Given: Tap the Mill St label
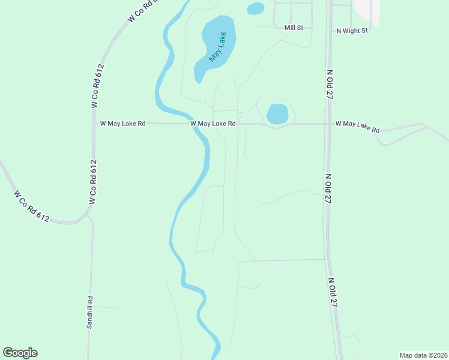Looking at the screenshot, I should (x=295, y=27).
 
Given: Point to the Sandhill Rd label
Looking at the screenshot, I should (x=89, y=311).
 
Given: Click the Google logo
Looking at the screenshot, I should (x=20, y=353).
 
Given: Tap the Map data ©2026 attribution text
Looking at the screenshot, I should (x=423, y=355).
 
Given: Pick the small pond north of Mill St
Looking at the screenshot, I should (x=256, y=8).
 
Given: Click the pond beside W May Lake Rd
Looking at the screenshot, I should (x=277, y=113).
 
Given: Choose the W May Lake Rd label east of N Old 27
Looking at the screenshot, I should (x=358, y=126).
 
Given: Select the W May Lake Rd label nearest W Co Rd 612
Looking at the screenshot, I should (x=122, y=124).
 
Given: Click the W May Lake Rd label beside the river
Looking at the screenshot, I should (x=213, y=124).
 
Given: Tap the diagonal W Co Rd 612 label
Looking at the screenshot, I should (x=31, y=205).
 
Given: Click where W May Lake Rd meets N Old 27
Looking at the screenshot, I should (x=328, y=124).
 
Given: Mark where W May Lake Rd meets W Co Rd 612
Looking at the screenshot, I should (x=94, y=124).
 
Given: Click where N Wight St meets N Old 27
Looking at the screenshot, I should (x=329, y=30).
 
